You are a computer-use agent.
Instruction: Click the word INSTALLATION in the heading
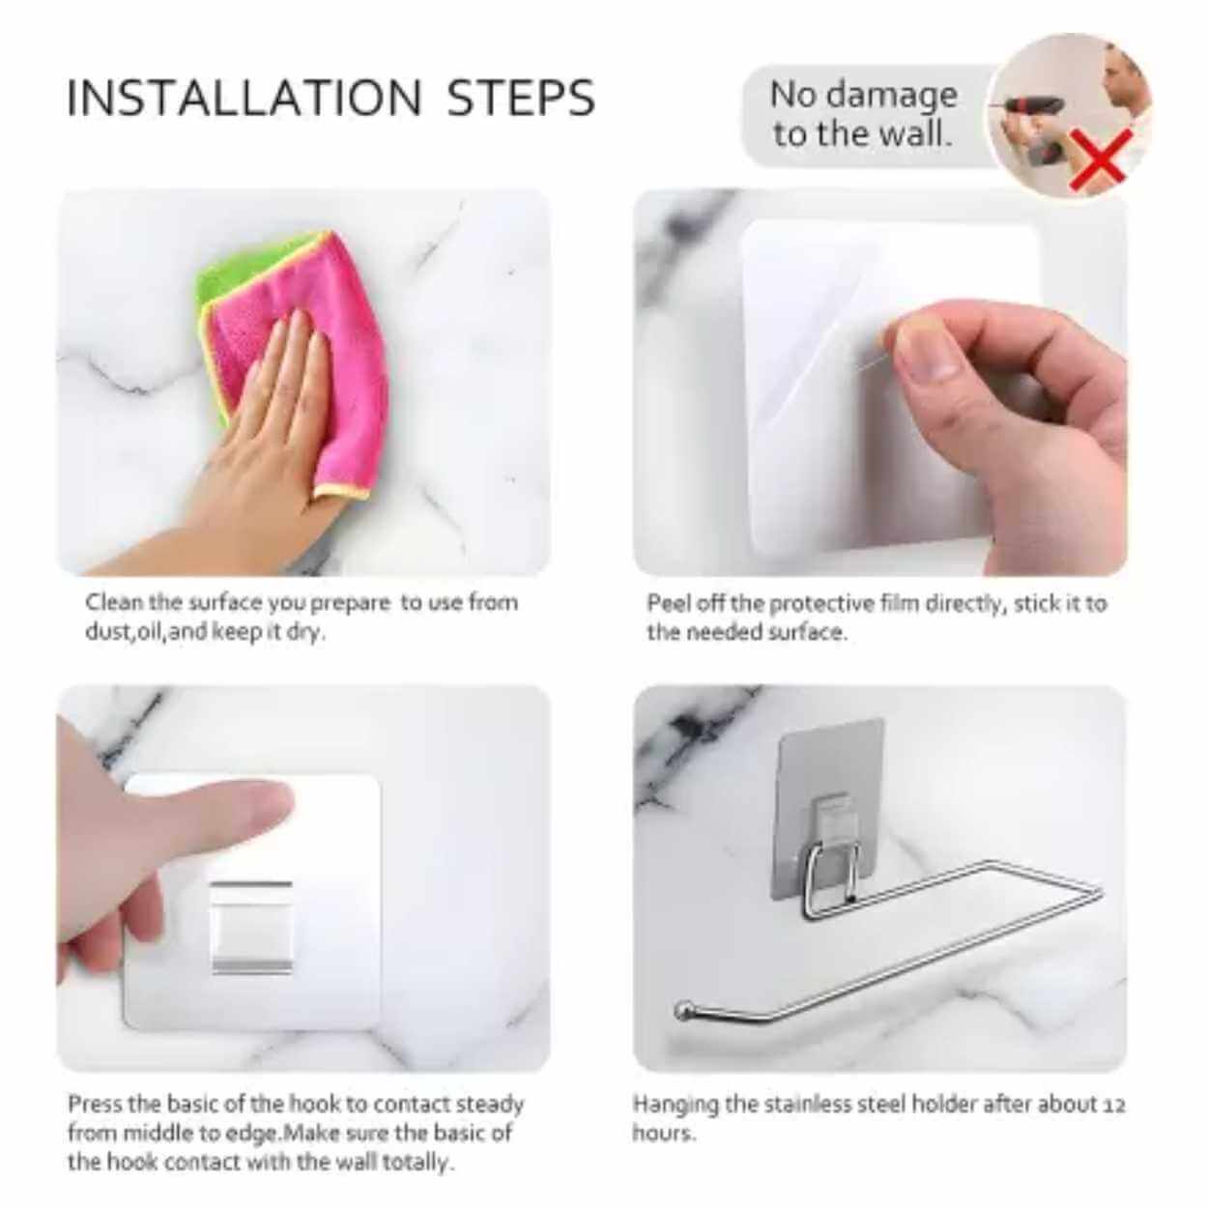(244, 98)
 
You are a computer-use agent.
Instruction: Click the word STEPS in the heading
(520, 98)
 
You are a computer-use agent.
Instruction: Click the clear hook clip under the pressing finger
(251, 927)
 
